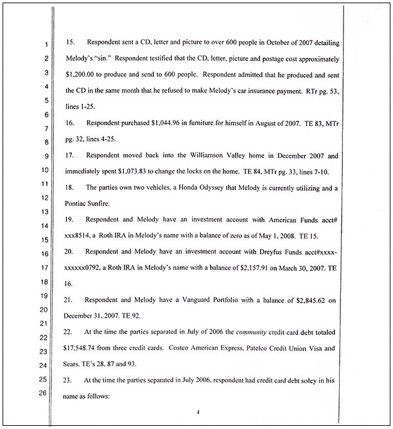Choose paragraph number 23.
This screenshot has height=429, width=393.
71,380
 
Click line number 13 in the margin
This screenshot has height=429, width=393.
44,212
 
